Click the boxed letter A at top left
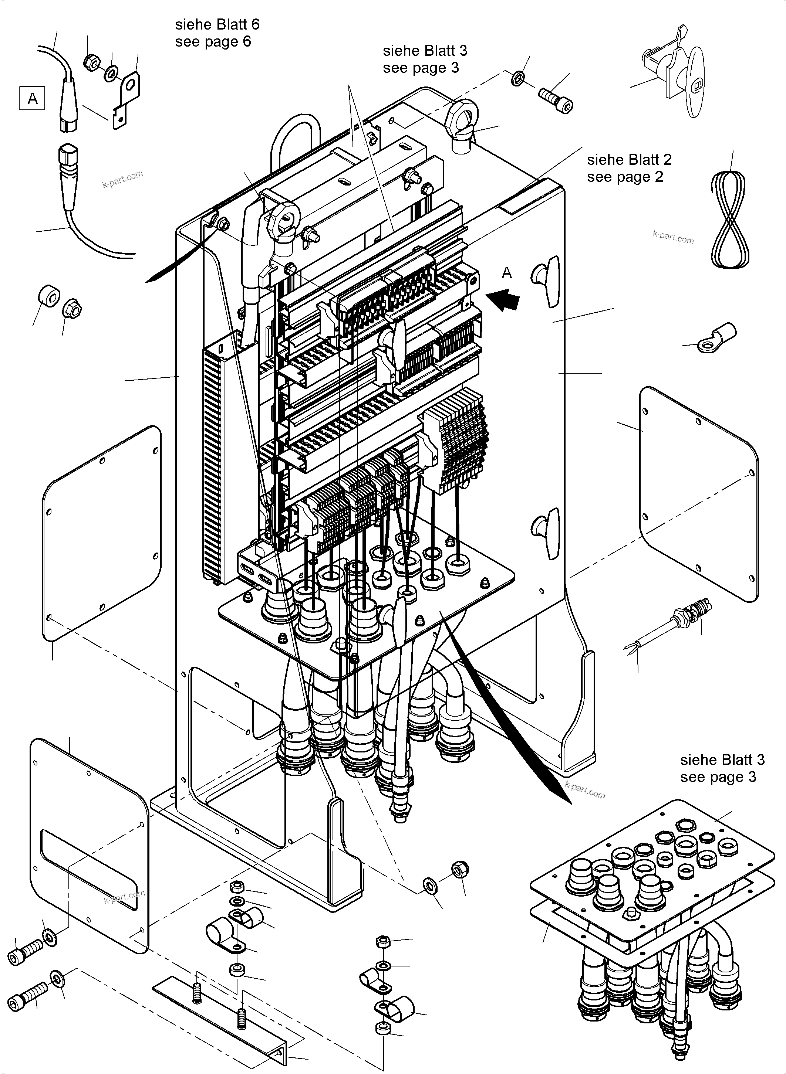[x=32, y=98]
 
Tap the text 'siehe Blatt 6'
[x=217, y=24]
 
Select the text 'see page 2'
[x=625, y=177]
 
